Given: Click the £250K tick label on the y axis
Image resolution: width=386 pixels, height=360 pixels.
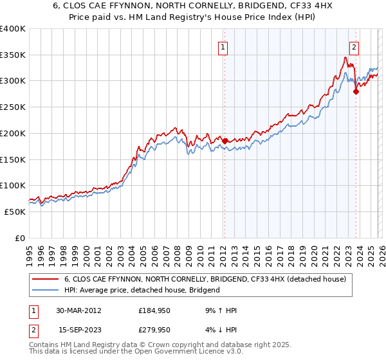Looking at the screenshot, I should click(x=13, y=107).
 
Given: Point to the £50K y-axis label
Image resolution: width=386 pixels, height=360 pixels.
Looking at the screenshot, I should click(x=15, y=212).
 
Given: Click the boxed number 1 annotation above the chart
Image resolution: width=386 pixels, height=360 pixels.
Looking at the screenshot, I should click(x=223, y=46).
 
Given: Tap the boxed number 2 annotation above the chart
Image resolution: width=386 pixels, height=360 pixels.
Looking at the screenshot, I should click(x=354, y=46).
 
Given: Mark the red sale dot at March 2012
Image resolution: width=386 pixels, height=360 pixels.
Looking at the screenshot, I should click(x=225, y=141).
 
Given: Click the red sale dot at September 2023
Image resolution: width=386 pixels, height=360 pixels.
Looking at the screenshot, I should click(x=356, y=91).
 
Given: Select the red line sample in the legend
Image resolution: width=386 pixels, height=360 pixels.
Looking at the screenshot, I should click(x=46, y=280).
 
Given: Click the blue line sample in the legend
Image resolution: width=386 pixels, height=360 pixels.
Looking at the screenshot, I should click(x=46, y=291).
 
